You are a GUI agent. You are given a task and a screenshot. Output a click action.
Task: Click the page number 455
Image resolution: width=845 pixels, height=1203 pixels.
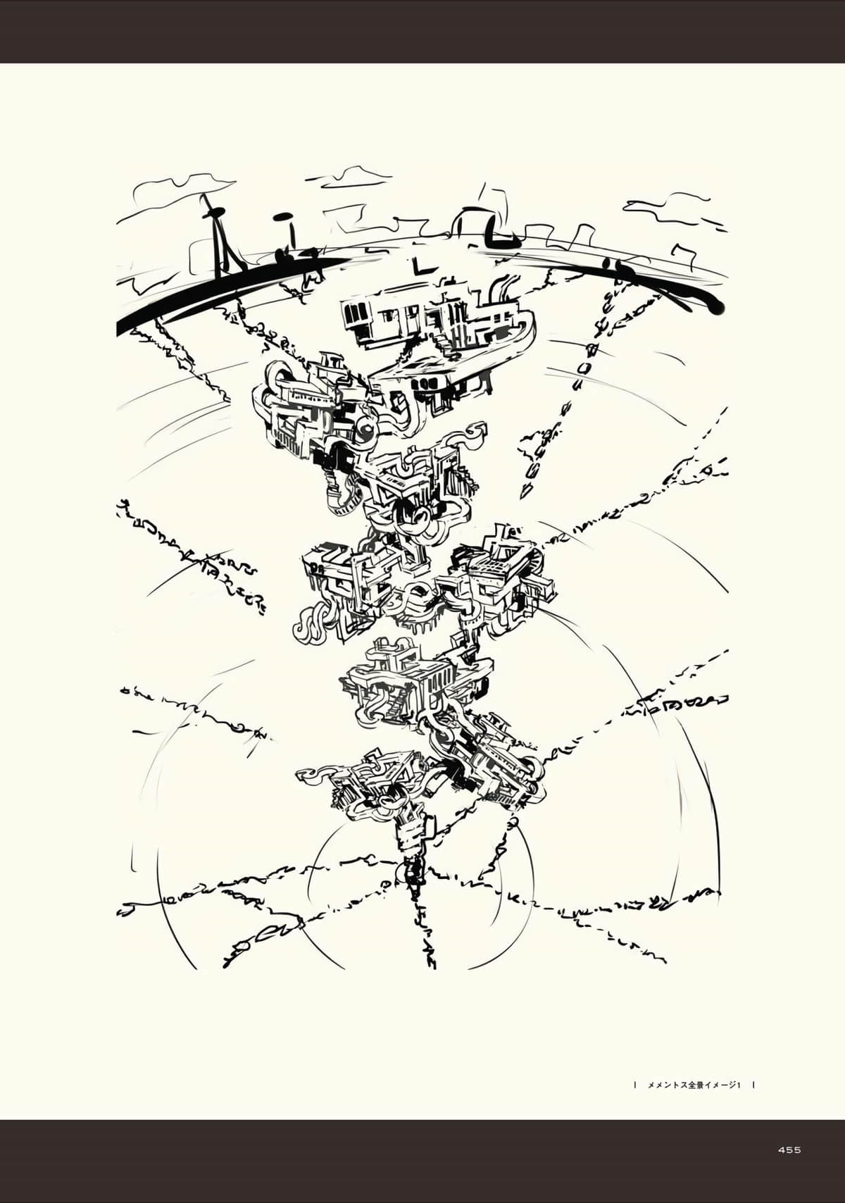tap(789, 1150)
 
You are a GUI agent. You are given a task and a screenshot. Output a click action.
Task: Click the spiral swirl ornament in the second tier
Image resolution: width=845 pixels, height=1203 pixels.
tap(367, 428)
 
